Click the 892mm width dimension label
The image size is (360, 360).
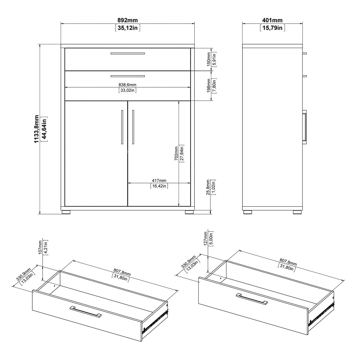tap(127, 20)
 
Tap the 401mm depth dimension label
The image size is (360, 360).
tap(272, 20)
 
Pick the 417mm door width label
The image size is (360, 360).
tap(159, 181)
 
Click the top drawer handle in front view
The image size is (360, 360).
tap(127, 53)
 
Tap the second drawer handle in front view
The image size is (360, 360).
tap(127, 76)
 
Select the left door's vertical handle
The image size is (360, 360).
tap(122, 127)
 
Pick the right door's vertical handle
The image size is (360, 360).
tap(133, 127)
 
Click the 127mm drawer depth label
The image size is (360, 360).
tap(205, 238)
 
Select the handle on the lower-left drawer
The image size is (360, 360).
tap(85, 312)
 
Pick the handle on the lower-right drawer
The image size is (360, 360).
tap(251, 299)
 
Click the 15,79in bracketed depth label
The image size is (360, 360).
tap(272, 28)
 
